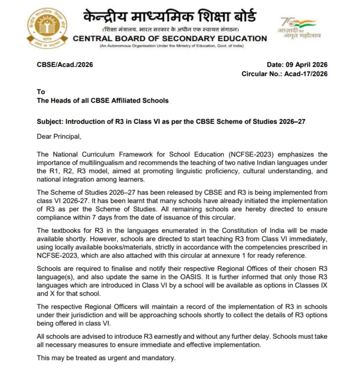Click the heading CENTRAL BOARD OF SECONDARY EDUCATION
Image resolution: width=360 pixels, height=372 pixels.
pyautogui.click(x=170, y=38)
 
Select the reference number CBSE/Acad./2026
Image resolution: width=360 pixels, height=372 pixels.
pyautogui.click(x=65, y=65)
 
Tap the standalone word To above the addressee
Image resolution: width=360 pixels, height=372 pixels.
pyautogui.click(x=40, y=92)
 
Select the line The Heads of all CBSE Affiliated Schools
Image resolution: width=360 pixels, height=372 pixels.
pyautogui.click(x=102, y=101)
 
